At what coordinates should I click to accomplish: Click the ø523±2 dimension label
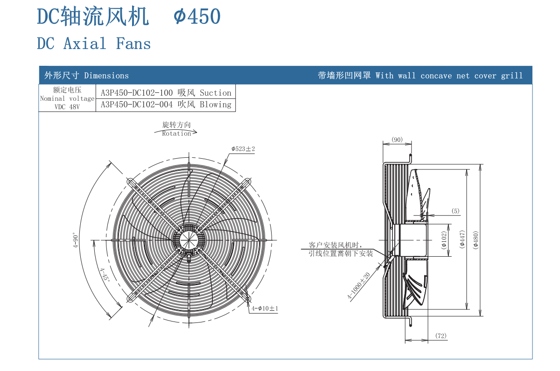[x=243, y=149]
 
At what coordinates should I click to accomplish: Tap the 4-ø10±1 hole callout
[x=265, y=308]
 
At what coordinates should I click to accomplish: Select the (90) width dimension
[x=397, y=140]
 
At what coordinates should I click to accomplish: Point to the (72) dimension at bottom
[x=441, y=336]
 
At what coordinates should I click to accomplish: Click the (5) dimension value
[x=455, y=211]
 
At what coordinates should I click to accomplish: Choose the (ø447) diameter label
[x=462, y=240]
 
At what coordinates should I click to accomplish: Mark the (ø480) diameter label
[x=476, y=240]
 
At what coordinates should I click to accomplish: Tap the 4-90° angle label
[x=76, y=240]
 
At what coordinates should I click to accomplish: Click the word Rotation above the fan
[x=176, y=133]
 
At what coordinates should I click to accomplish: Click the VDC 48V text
[x=67, y=107]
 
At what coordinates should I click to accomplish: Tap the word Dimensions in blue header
[x=106, y=76]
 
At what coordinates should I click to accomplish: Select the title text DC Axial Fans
[x=94, y=44]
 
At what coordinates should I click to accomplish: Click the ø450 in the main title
[x=197, y=17]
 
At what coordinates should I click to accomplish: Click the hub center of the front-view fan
[x=189, y=239]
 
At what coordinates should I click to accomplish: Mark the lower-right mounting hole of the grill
[x=247, y=298]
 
